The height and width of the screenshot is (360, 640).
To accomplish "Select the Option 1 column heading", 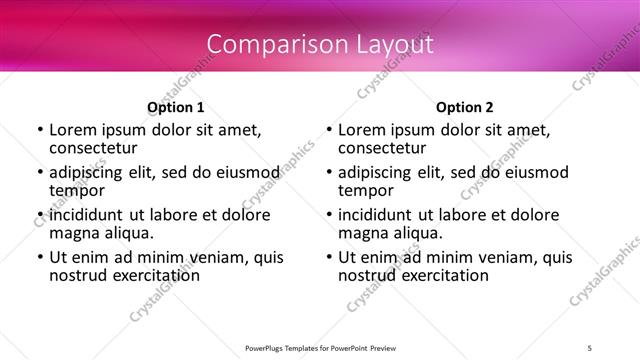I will [175, 107].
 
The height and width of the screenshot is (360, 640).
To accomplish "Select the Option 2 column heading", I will [465, 107].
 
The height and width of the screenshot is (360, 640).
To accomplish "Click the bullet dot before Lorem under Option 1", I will [40, 130].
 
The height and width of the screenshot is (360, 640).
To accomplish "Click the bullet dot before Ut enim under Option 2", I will [329, 258].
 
